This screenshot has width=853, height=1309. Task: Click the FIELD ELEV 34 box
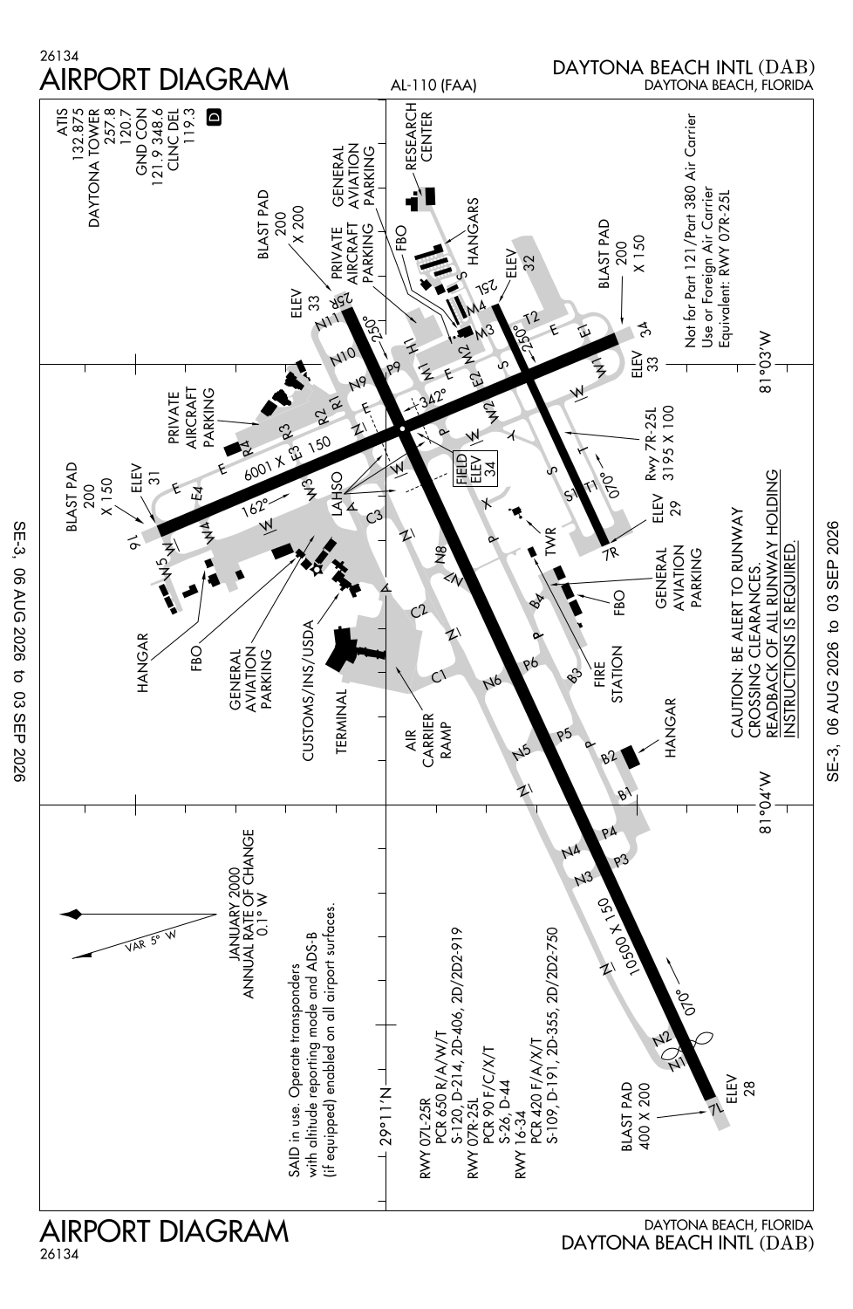475,469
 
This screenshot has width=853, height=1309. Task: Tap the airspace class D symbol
215,117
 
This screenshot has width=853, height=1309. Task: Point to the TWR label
550,541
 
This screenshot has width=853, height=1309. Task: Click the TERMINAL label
342,721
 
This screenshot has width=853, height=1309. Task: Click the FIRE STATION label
609,674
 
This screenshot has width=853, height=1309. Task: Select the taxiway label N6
492,681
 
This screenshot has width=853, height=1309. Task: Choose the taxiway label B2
609,757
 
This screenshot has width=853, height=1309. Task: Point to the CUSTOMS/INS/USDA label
308,690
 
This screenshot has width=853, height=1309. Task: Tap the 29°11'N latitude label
386,1115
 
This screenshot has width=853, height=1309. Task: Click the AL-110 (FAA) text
433,86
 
